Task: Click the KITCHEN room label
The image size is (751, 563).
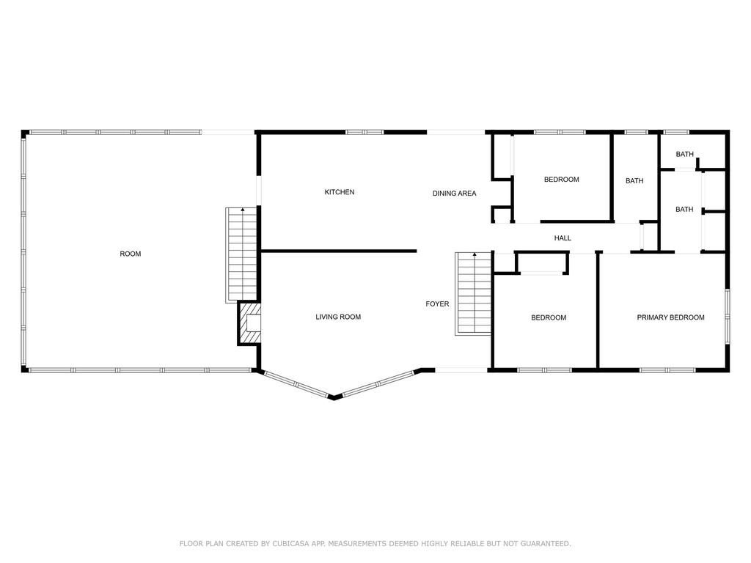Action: (340, 192)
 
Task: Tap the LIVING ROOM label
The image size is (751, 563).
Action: (338, 317)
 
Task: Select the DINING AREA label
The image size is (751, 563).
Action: (455, 194)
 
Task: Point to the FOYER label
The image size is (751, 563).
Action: (437, 304)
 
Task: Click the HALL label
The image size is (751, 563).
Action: (563, 238)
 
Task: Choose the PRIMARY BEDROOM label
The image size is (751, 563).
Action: (670, 317)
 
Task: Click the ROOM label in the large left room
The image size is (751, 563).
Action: (131, 254)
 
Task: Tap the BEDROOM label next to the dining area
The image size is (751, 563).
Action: (561, 180)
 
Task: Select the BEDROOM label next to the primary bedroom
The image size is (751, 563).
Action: (549, 317)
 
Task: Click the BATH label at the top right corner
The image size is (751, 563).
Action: (684, 154)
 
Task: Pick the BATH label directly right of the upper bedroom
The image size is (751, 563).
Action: (634, 181)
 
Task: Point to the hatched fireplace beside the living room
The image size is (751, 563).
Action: (249, 323)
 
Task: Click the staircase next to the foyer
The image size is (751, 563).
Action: (473, 293)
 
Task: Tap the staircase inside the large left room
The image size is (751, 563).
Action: (242, 255)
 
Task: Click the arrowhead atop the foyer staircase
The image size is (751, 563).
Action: (475, 255)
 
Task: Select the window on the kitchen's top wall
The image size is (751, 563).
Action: (364, 132)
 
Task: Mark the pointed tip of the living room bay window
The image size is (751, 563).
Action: (334, 398)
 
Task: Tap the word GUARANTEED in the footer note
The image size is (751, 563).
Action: (546, 543)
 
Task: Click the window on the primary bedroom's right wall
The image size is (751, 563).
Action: (727, 316)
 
